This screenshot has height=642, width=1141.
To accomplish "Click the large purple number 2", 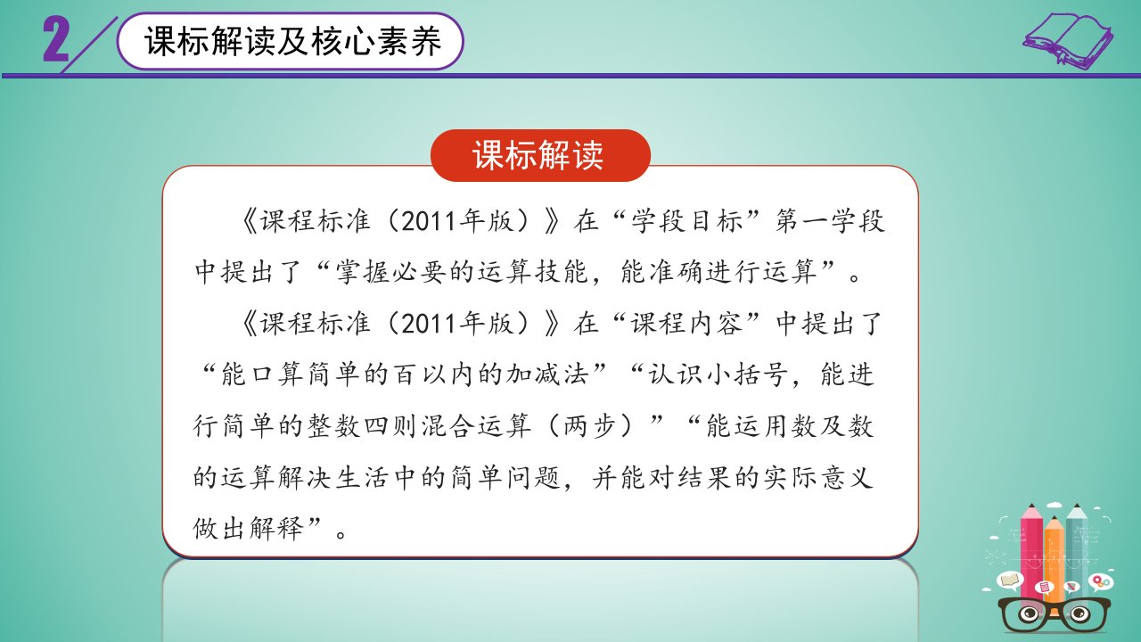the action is point(55,40).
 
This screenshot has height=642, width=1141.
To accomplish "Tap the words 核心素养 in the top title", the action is point(376,41).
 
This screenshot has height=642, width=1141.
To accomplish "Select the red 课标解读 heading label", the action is point(540,155).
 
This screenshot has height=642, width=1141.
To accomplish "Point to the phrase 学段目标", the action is point(687,221).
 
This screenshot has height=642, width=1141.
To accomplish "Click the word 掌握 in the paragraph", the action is point(363,272).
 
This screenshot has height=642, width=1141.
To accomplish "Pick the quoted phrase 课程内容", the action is point(687,324).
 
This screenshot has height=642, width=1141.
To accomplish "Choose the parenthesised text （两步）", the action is point(590,426).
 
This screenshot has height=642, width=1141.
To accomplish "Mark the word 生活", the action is point(363,478).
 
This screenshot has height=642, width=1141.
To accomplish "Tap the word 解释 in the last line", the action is point(277,529).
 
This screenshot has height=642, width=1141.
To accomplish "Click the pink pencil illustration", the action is point(1031,550).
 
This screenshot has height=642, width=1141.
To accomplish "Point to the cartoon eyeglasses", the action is point(1054,614).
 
